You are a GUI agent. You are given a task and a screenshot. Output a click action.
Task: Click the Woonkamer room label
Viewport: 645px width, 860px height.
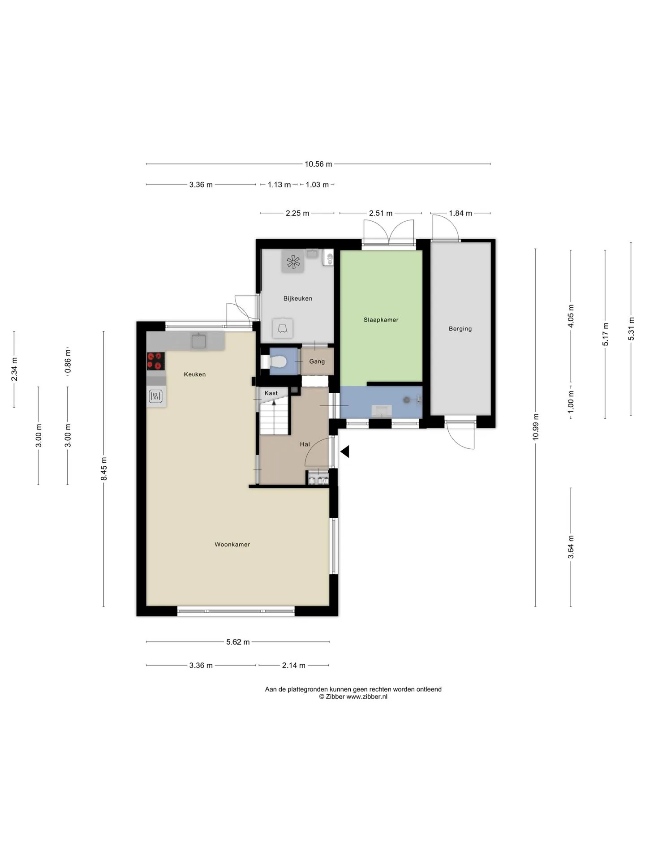coord(232,545)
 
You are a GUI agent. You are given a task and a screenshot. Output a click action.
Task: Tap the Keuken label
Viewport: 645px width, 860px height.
coord(195,374)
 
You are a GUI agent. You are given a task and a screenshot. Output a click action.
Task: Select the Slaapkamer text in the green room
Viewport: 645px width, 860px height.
coord(381,320)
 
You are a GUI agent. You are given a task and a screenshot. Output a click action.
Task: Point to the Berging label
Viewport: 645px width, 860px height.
coord(460,329)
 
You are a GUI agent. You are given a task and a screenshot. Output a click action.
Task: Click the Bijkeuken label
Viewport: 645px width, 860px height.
coord(298,298)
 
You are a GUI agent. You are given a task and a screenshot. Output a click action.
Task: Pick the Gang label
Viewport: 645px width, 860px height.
coord(317,361)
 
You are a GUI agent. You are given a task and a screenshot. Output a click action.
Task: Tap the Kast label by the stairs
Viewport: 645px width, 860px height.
coord(271,393)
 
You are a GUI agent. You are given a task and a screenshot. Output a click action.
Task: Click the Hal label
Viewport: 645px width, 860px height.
coord(305,444)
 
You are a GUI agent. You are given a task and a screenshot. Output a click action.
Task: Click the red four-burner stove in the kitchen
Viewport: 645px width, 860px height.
coord(156,361)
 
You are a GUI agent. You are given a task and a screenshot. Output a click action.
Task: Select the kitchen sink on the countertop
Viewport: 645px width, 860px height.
coord(199,341)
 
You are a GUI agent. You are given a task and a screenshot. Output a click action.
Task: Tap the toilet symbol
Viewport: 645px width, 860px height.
coord(278,361)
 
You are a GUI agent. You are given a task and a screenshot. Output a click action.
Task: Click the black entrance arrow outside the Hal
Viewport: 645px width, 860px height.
coord(344,451)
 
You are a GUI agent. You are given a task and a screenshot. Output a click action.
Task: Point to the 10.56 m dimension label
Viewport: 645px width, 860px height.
coord(318,164)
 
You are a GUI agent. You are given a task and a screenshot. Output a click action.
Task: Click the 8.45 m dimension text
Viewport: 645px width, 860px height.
coord(104,469)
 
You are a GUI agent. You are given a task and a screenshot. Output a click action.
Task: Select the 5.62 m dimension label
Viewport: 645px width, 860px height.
coord(238,642)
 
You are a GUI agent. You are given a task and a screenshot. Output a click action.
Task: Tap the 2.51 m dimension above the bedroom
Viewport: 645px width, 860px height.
coord(381,213)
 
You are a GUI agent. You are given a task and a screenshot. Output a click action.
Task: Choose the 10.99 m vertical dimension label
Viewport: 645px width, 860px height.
coord(536,427)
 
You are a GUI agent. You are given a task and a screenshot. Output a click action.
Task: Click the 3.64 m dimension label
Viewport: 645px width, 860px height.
coord(571,547)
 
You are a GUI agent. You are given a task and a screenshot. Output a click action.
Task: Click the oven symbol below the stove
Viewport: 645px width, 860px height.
coord(156,396)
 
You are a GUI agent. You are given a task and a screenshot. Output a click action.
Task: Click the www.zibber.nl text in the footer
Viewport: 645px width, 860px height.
coord(367,697)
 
